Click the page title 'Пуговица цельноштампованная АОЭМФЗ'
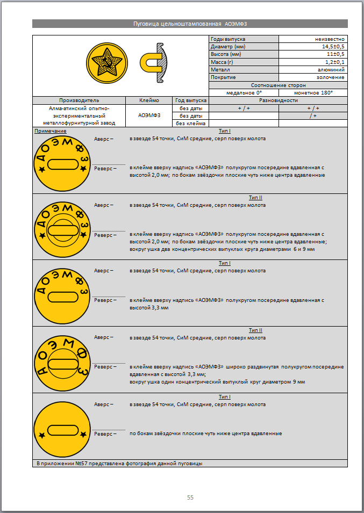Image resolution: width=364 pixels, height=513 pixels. point(190,24)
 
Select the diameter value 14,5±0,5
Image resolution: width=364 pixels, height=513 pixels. point(330,47)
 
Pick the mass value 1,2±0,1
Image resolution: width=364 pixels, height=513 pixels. point(332,62)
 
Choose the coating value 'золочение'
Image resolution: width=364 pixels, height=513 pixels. point(332,77)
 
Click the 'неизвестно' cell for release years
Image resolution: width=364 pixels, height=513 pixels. point(330,39)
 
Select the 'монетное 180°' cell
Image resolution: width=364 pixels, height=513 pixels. point(313,93)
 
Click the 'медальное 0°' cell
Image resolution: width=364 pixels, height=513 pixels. point(244,93)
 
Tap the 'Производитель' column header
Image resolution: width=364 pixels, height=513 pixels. point(79,100)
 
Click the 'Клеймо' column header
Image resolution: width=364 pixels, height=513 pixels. point(149,100)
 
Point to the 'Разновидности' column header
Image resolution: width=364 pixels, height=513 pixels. point(278,100)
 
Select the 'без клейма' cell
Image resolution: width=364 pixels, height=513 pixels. point(190,124)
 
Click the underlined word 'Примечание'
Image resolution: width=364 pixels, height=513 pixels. point(51,131)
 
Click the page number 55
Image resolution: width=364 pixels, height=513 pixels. point(190,497)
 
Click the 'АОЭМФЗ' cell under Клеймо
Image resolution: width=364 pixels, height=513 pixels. point(149,115)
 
